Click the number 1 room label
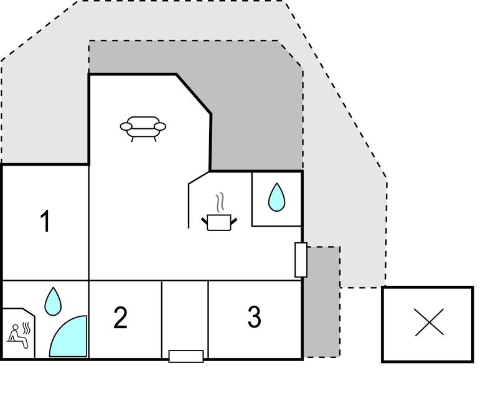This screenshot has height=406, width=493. [x=45, y=222]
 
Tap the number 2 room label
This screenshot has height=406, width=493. [x=121, y=318]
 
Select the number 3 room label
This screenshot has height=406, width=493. [x=254, y=317]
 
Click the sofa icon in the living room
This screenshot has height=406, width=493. [x=143, y=127]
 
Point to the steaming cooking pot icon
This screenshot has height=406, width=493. [x=219, y=221]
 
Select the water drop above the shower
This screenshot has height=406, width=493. [x=54, y=300]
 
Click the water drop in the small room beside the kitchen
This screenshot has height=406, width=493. [x=276, y=198]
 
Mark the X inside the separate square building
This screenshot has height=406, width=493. [x=429, y=323]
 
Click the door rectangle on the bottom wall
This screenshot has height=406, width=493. [x=186, y=356]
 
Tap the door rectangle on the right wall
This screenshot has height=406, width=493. [x=301, y=260]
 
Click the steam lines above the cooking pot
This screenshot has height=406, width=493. [x=218, y=203]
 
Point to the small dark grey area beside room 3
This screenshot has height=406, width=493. [x=321, y=302]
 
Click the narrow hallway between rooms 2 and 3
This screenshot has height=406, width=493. [x=185, y=314]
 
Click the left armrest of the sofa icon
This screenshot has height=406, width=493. [x=126, y=127]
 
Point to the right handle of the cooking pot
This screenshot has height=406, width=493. [x=233, y=219]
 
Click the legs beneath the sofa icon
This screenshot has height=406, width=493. [x=143, y=138]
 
